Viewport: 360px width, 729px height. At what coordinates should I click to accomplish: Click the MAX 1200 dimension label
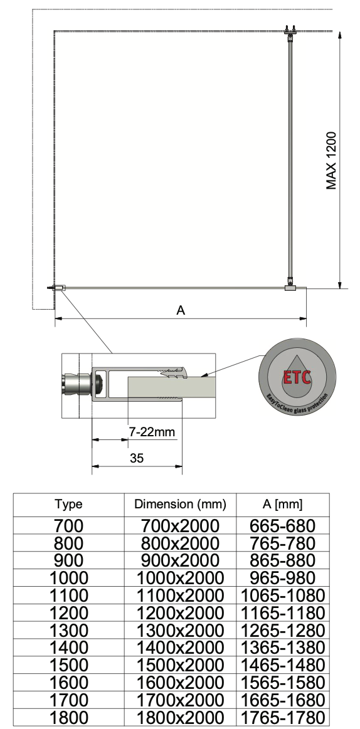331,161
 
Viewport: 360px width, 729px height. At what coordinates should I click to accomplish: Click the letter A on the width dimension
181,310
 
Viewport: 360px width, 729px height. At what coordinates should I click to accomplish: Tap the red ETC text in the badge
297,377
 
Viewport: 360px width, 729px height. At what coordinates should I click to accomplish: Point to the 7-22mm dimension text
152,432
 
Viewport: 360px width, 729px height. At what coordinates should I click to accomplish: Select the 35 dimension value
137,458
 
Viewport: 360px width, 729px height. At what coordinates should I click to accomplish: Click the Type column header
68,504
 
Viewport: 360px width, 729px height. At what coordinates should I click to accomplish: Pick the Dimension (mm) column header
180,504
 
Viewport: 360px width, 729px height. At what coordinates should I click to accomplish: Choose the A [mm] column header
282,504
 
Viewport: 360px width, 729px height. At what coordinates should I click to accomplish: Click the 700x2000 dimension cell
180,526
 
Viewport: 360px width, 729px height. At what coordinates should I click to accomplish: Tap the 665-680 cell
282,526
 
